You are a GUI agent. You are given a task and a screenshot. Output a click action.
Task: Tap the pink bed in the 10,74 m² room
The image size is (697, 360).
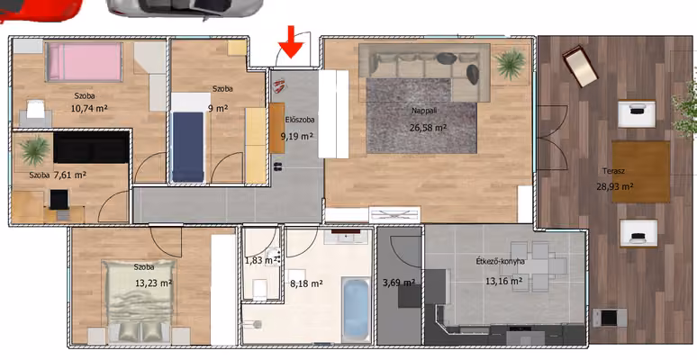[85, 62]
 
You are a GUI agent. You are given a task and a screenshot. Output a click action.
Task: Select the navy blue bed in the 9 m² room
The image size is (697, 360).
[187, 146]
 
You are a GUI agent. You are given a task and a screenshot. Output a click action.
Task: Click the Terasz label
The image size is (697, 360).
[611, 171]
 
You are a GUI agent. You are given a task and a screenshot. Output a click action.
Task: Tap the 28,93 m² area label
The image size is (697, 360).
[615, 186]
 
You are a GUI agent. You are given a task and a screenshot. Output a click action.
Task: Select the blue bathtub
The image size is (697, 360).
[356, 309]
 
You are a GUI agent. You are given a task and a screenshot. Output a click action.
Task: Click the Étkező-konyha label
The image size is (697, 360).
[500, 261]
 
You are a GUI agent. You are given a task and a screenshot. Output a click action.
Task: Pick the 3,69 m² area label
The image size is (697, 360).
[399, 282]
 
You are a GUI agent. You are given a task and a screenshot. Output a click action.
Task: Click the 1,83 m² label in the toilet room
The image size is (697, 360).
[261, 260]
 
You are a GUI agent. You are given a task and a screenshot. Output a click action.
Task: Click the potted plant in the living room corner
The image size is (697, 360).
[511, 65]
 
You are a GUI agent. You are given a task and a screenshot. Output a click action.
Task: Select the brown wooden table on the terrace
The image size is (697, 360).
[641, 172]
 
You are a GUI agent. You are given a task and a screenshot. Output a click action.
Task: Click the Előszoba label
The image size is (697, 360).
[300, 120]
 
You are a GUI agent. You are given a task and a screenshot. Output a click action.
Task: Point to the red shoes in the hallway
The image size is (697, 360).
[279, 85]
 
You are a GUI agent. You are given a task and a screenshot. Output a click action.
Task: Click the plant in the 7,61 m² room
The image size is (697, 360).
[34, 150]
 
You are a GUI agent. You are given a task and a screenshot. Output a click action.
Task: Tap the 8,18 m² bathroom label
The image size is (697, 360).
[306, 283]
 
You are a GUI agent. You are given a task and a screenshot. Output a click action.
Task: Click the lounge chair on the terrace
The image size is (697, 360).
[580, 67]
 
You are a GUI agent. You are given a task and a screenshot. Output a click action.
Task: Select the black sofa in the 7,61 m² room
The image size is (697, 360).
[91, 147]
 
